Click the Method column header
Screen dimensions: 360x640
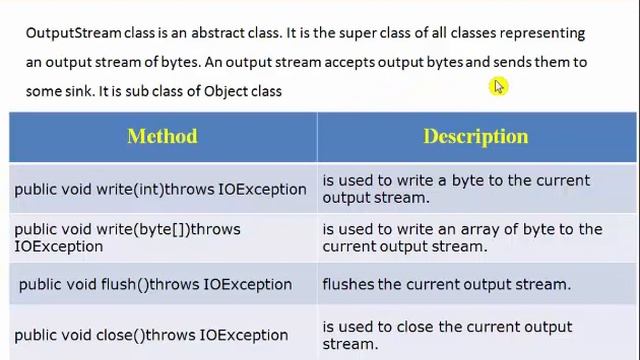coord(162,136)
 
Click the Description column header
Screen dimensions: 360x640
coord(475,136)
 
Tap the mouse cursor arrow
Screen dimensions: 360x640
coord(498,87)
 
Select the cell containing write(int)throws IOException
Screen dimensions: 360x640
coord(160,189)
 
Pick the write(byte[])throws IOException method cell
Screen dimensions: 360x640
coord(127,237)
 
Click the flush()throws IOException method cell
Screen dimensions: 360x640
coord(155,284)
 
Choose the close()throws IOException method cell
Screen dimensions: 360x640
coord(151,335)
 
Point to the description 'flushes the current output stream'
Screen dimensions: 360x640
coord(446,284)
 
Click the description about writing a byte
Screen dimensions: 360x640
coord(456,188)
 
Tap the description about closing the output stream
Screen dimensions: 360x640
coord(447,335)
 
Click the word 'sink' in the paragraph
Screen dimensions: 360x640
coord(77,91)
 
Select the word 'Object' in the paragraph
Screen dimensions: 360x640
coord(226,91)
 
